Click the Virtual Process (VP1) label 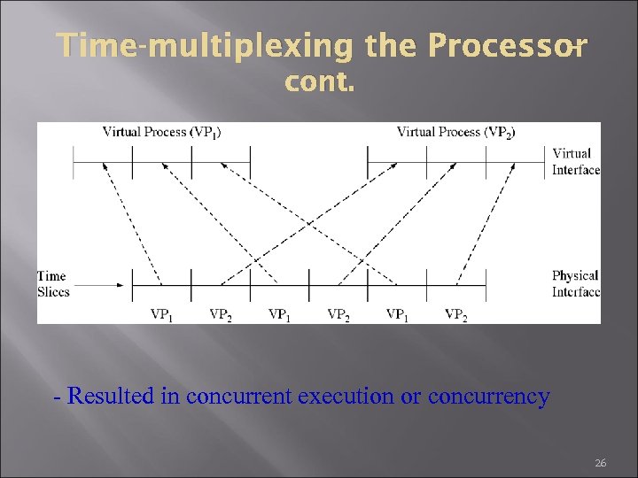[x=162, y=132]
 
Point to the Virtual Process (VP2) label [x=456, y=132]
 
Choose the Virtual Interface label [x=575, y=161]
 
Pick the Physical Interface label [x=575, y=284]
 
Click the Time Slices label [x=52, y=284]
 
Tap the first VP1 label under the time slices [x=161, y=314]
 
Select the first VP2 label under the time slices [x=221, y=314]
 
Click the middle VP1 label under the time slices [x=279, y=314]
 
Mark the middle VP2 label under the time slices [x=338, y=314]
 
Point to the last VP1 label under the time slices [x=397, y=314]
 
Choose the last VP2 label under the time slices [x=455, y=314]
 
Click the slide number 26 [x=600, y=463]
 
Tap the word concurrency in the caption [x=488, y=397]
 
